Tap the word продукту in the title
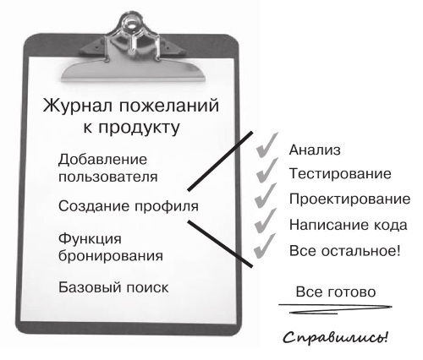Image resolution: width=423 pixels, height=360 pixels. [x=139, y=128]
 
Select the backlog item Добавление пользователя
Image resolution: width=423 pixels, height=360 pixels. [x=107, y=168]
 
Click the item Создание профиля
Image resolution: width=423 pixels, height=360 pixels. [x=129, y=206]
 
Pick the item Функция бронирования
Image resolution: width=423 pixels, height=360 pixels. [x=111, y=248]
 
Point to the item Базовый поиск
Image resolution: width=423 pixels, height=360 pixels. [x=113, y=287]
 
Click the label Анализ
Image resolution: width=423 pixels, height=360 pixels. [x=315, y=150]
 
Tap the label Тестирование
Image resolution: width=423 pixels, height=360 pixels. [x=340, y=173]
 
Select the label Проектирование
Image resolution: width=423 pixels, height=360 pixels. [x=349, y=199]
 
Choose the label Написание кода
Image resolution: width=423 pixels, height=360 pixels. [x=349, y=225]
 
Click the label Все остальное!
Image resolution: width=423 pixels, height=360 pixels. [x=344, y=250]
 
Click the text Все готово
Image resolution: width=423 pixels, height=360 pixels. [x=336, y=292]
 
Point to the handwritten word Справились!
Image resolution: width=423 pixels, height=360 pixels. [x=336, y=337]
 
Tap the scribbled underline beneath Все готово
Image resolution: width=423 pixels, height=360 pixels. [x=335, y=308]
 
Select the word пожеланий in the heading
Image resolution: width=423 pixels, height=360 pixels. [x=169, y=106]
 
